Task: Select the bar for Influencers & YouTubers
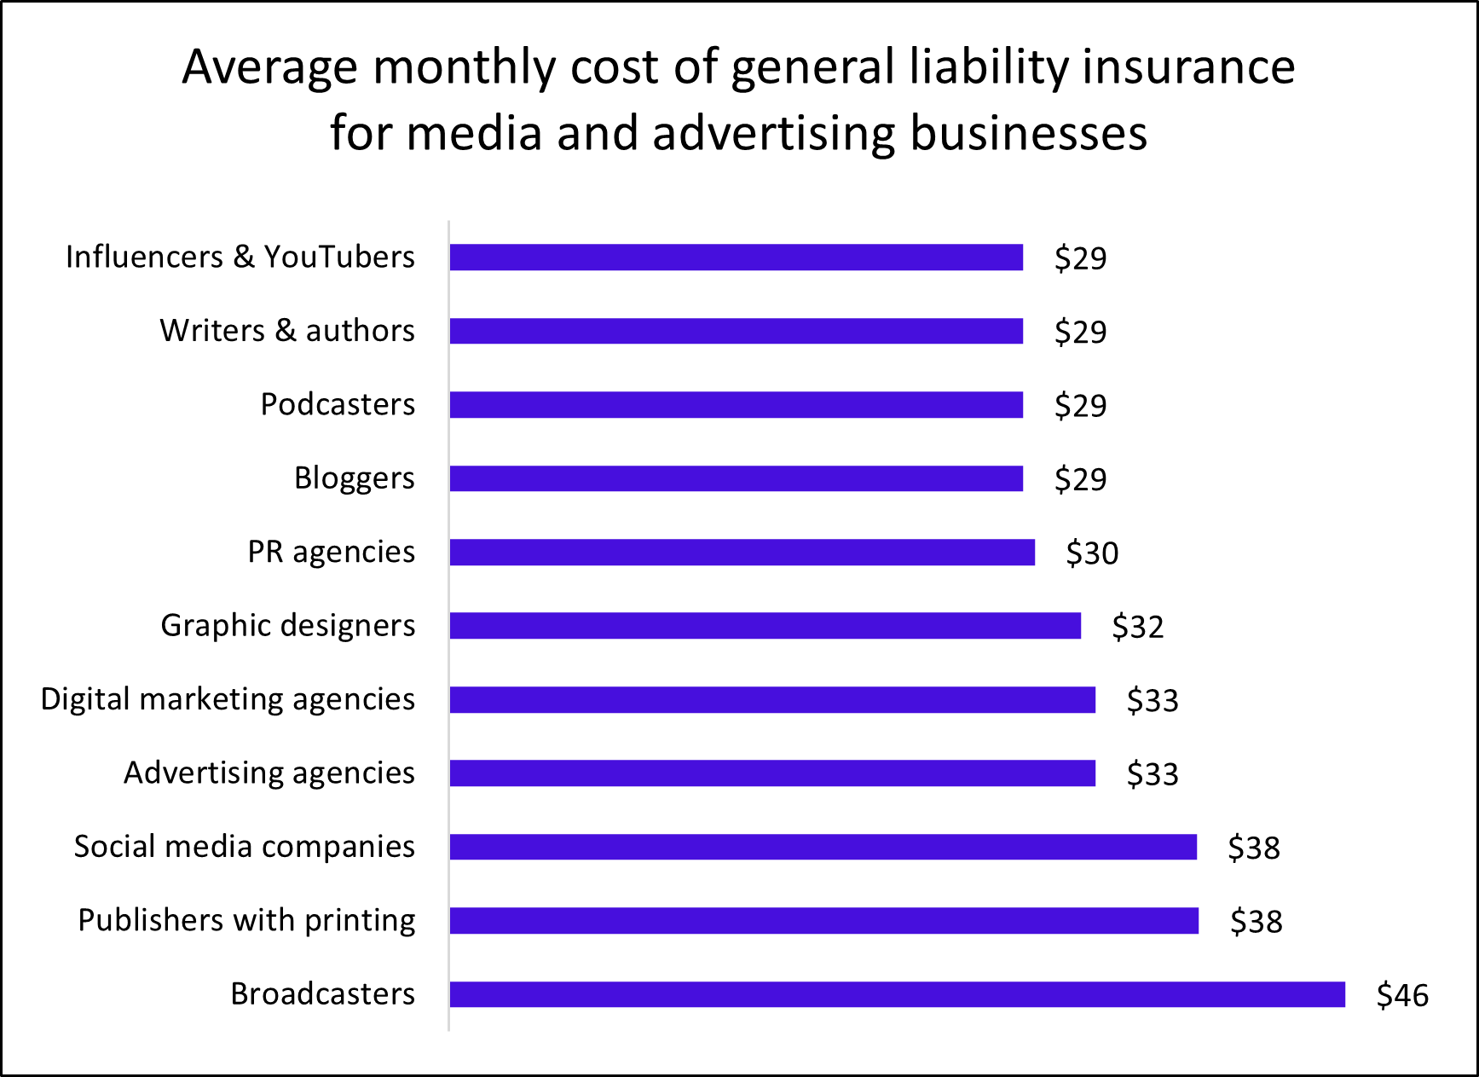click(736, 258)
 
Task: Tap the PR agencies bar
click(742, 553)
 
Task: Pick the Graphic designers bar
click(765, 626)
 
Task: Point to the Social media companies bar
click(823, 847)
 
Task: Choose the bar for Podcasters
click(736, 405)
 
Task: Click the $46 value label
click(1402, 995)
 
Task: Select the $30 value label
click(1092, 553)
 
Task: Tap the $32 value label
click(1137, 627)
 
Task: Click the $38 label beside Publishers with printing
click(1256, 922)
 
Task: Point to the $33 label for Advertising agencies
click(1153, 774)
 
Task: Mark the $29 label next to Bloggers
click(1080, 479)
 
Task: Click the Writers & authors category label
click(287, 331)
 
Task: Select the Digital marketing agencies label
click(228, 699)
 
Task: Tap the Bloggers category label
click(354, 478)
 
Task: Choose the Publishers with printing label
click(246, 921)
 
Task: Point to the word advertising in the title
click(774, 134)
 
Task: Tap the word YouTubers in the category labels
click(338, 257)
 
